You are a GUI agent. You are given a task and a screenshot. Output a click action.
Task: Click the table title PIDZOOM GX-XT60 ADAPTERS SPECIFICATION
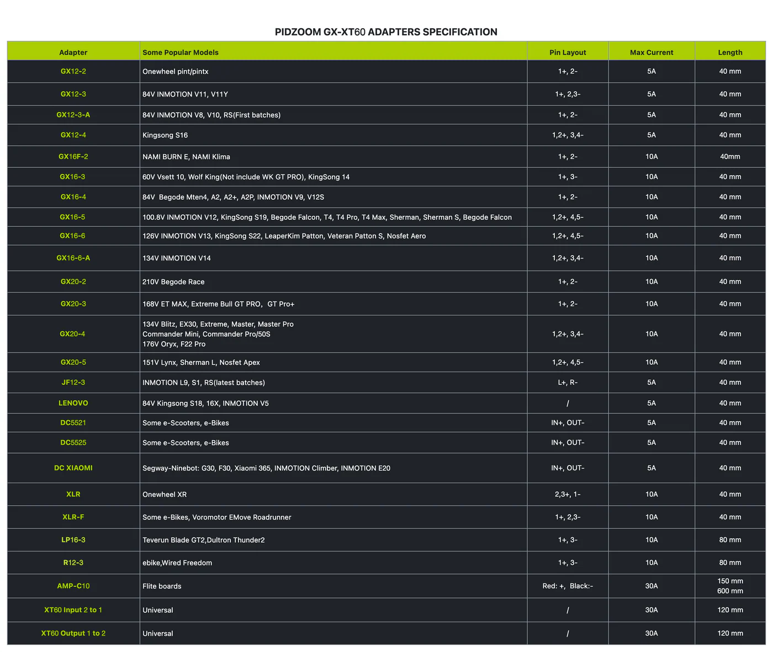point(386,32)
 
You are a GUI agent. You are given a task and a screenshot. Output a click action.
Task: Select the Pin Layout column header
point(568,52)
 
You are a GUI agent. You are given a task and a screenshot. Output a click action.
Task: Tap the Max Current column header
point(652,52)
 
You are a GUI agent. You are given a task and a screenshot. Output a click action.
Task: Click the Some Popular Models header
point(181,52)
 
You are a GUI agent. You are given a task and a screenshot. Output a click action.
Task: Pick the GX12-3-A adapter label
point(73,115)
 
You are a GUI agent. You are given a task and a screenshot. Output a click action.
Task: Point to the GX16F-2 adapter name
point(73,157)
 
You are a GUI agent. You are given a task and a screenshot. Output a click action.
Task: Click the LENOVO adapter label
point(73,403)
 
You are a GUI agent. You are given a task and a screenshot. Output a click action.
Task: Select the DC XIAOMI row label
point(73,468)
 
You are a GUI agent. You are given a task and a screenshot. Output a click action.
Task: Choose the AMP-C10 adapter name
point(73,586)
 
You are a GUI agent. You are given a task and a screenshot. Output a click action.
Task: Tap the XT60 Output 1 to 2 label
point(73,633)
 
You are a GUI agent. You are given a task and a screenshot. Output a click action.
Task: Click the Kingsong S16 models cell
point(165,135)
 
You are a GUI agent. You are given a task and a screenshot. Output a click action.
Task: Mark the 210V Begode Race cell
point(173,282)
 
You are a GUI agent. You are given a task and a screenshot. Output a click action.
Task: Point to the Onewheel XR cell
point(165,495)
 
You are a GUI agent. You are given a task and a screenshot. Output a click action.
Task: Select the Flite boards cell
point(162,586)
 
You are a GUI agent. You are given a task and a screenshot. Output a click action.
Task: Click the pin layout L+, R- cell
point(568,383)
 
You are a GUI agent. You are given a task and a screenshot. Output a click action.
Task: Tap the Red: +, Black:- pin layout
point(568,586)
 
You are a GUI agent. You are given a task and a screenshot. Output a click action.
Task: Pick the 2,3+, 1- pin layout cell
point(568,495)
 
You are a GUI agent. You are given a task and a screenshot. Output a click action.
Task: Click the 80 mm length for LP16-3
point(730,540)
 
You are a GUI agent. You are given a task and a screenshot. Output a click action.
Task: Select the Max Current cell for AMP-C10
point(652,586)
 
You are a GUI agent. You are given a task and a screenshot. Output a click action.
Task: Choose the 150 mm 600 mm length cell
point(730,586)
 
